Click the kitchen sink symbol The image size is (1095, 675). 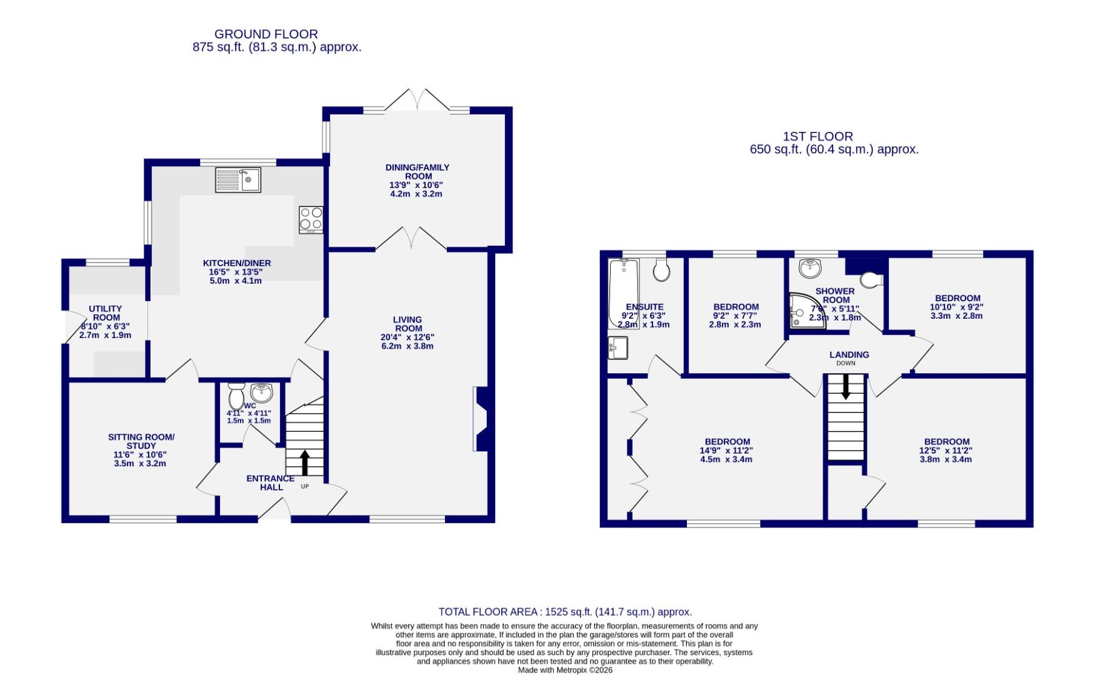pyautogui.click(x=238, y=180)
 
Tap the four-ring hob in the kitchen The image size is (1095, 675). pyautogui.click(x=311, y=219)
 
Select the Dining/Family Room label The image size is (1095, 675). pyautogui.click(x=417, y=172)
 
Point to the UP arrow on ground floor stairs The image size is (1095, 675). pyautogui.click(x=305, y=463)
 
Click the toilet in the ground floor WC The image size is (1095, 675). pyautogui.click(x=236, y=395)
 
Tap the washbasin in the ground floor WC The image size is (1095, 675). pyautogui.click(x=261, y=393)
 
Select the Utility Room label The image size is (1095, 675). pyautogui.click(x=106, y=313)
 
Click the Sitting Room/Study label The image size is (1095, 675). pyautogui.click(x=141, y=441)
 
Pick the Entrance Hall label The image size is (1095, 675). pyautogui.click(x=270, y=482)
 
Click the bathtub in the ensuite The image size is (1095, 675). pyautogui.click(x=624, y=292)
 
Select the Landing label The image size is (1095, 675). pyautogui.click(x=849, y=354)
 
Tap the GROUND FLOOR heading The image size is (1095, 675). pyautogui.click(x=266, y=34)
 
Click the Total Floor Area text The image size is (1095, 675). pyautogui.click(x=564, y=612)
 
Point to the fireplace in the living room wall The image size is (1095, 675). pyautogui.click(x=482, y=419)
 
